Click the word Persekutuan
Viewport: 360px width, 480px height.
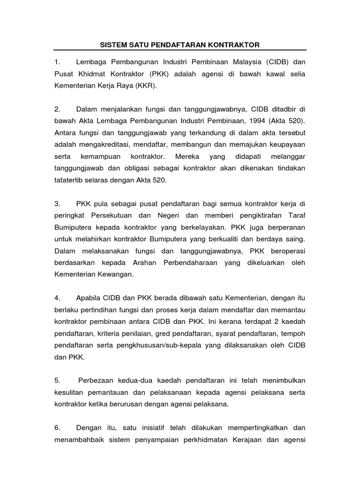pyautogui.click(x=117, y=215)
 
